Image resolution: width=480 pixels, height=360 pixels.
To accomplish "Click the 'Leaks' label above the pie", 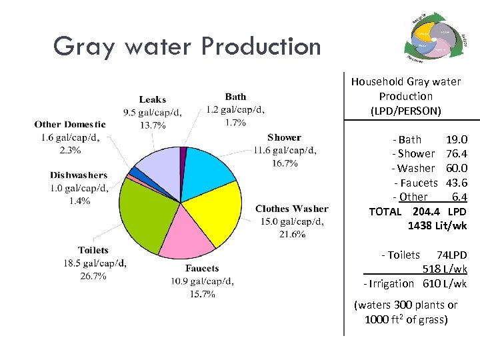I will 152,99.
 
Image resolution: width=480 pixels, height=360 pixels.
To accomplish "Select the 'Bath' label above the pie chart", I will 235,97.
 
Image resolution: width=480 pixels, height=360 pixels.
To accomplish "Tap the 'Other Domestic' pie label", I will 69,124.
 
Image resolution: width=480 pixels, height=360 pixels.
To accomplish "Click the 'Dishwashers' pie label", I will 78,175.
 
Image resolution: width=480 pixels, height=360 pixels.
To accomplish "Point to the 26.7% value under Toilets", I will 93,275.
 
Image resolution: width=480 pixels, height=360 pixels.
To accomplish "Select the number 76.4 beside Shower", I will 455,154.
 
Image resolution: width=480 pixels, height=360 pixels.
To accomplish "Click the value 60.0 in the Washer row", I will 455,169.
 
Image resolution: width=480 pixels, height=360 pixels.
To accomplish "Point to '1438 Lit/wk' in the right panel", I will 437,226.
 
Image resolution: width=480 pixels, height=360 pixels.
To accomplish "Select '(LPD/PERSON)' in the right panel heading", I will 405,111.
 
